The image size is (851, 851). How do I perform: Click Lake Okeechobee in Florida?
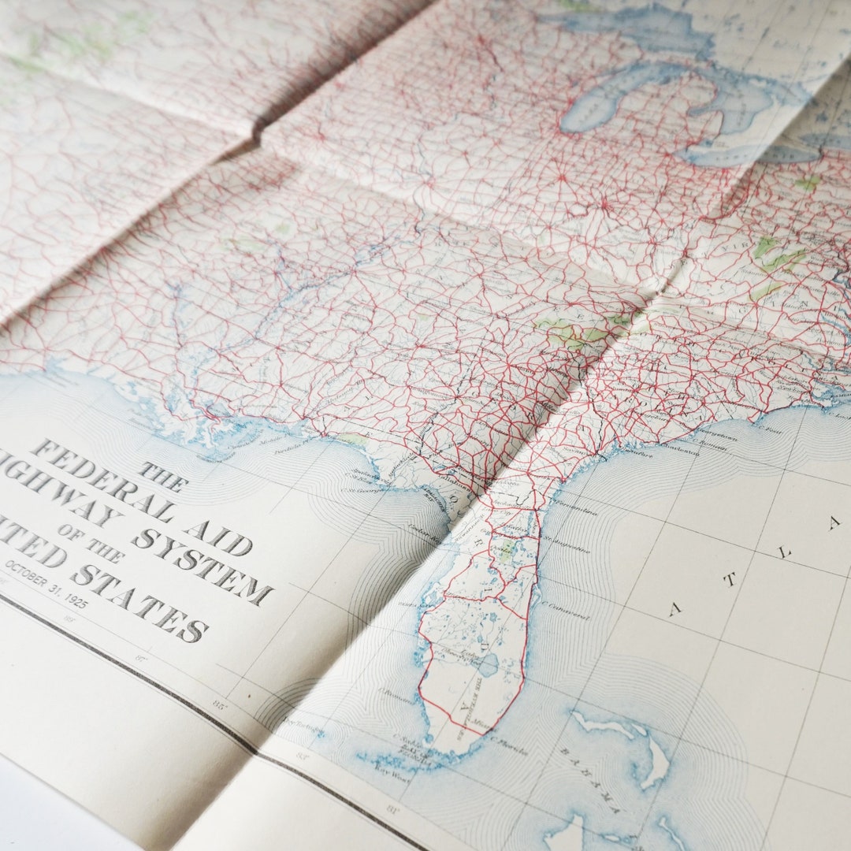(x=488, y=666)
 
